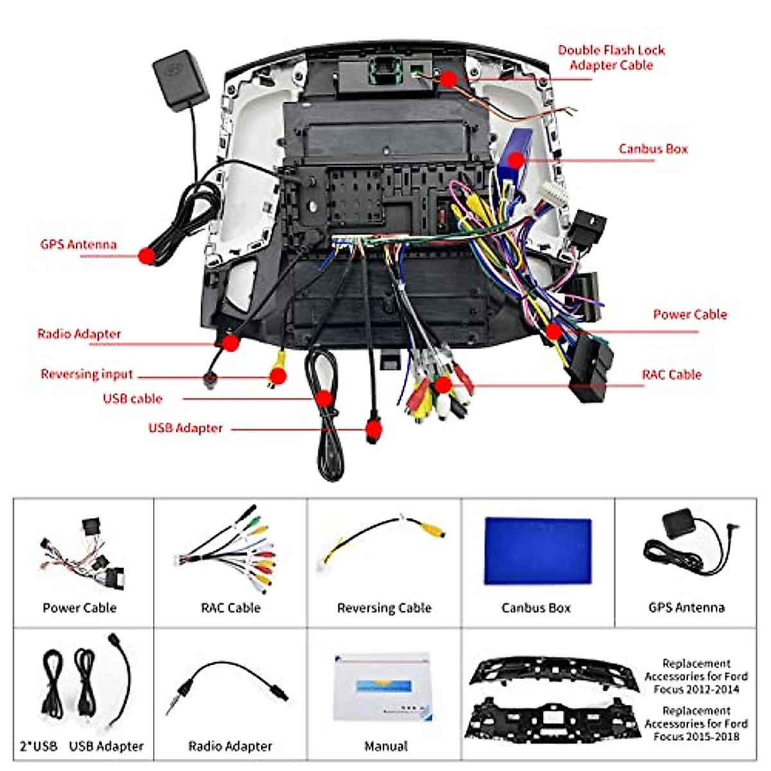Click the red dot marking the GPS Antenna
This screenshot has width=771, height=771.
[146, 256]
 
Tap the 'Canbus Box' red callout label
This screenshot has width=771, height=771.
[653, 149]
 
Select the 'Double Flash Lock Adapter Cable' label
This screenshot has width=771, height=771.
[611, 58]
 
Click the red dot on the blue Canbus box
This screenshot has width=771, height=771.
[515, 159]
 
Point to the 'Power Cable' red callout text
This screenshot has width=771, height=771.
[689, 314]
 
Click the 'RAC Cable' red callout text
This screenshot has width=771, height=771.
[671, 375]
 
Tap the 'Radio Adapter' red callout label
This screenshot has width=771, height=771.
[79, 334]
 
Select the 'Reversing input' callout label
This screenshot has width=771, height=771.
[87, 374]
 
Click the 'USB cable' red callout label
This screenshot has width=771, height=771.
[132, 398]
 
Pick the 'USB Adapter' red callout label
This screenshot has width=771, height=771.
[185, 428]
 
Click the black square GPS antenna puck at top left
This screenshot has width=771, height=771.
[180, 80]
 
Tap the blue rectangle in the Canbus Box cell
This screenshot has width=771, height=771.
[537, 551]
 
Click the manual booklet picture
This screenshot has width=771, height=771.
[384, 687]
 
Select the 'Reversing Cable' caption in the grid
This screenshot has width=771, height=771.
[384, 608]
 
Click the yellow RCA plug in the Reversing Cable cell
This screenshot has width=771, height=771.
[432, 531]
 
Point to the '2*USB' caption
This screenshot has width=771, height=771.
[39, 746]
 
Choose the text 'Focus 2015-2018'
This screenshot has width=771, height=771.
[696, 736]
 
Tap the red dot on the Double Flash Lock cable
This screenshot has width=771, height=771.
[448, 79]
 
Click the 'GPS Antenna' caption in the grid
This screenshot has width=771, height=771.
[686, 607]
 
